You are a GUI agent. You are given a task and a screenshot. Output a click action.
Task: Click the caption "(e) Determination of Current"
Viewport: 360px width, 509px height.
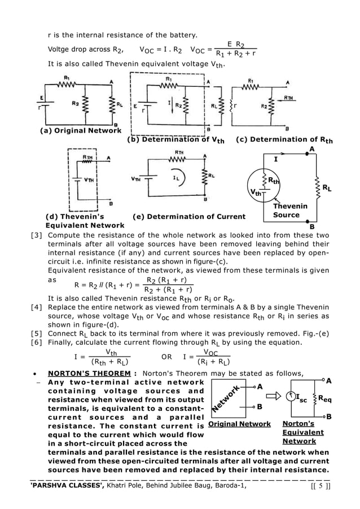(x=188, y=216)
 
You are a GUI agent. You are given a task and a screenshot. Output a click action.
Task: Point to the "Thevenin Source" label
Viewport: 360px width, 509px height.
(x=290, y=210)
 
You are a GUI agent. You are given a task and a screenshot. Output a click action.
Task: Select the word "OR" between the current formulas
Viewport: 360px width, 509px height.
(x=166, y=357)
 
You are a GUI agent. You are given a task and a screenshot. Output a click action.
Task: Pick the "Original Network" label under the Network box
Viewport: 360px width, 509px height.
(x=239, y=423)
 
